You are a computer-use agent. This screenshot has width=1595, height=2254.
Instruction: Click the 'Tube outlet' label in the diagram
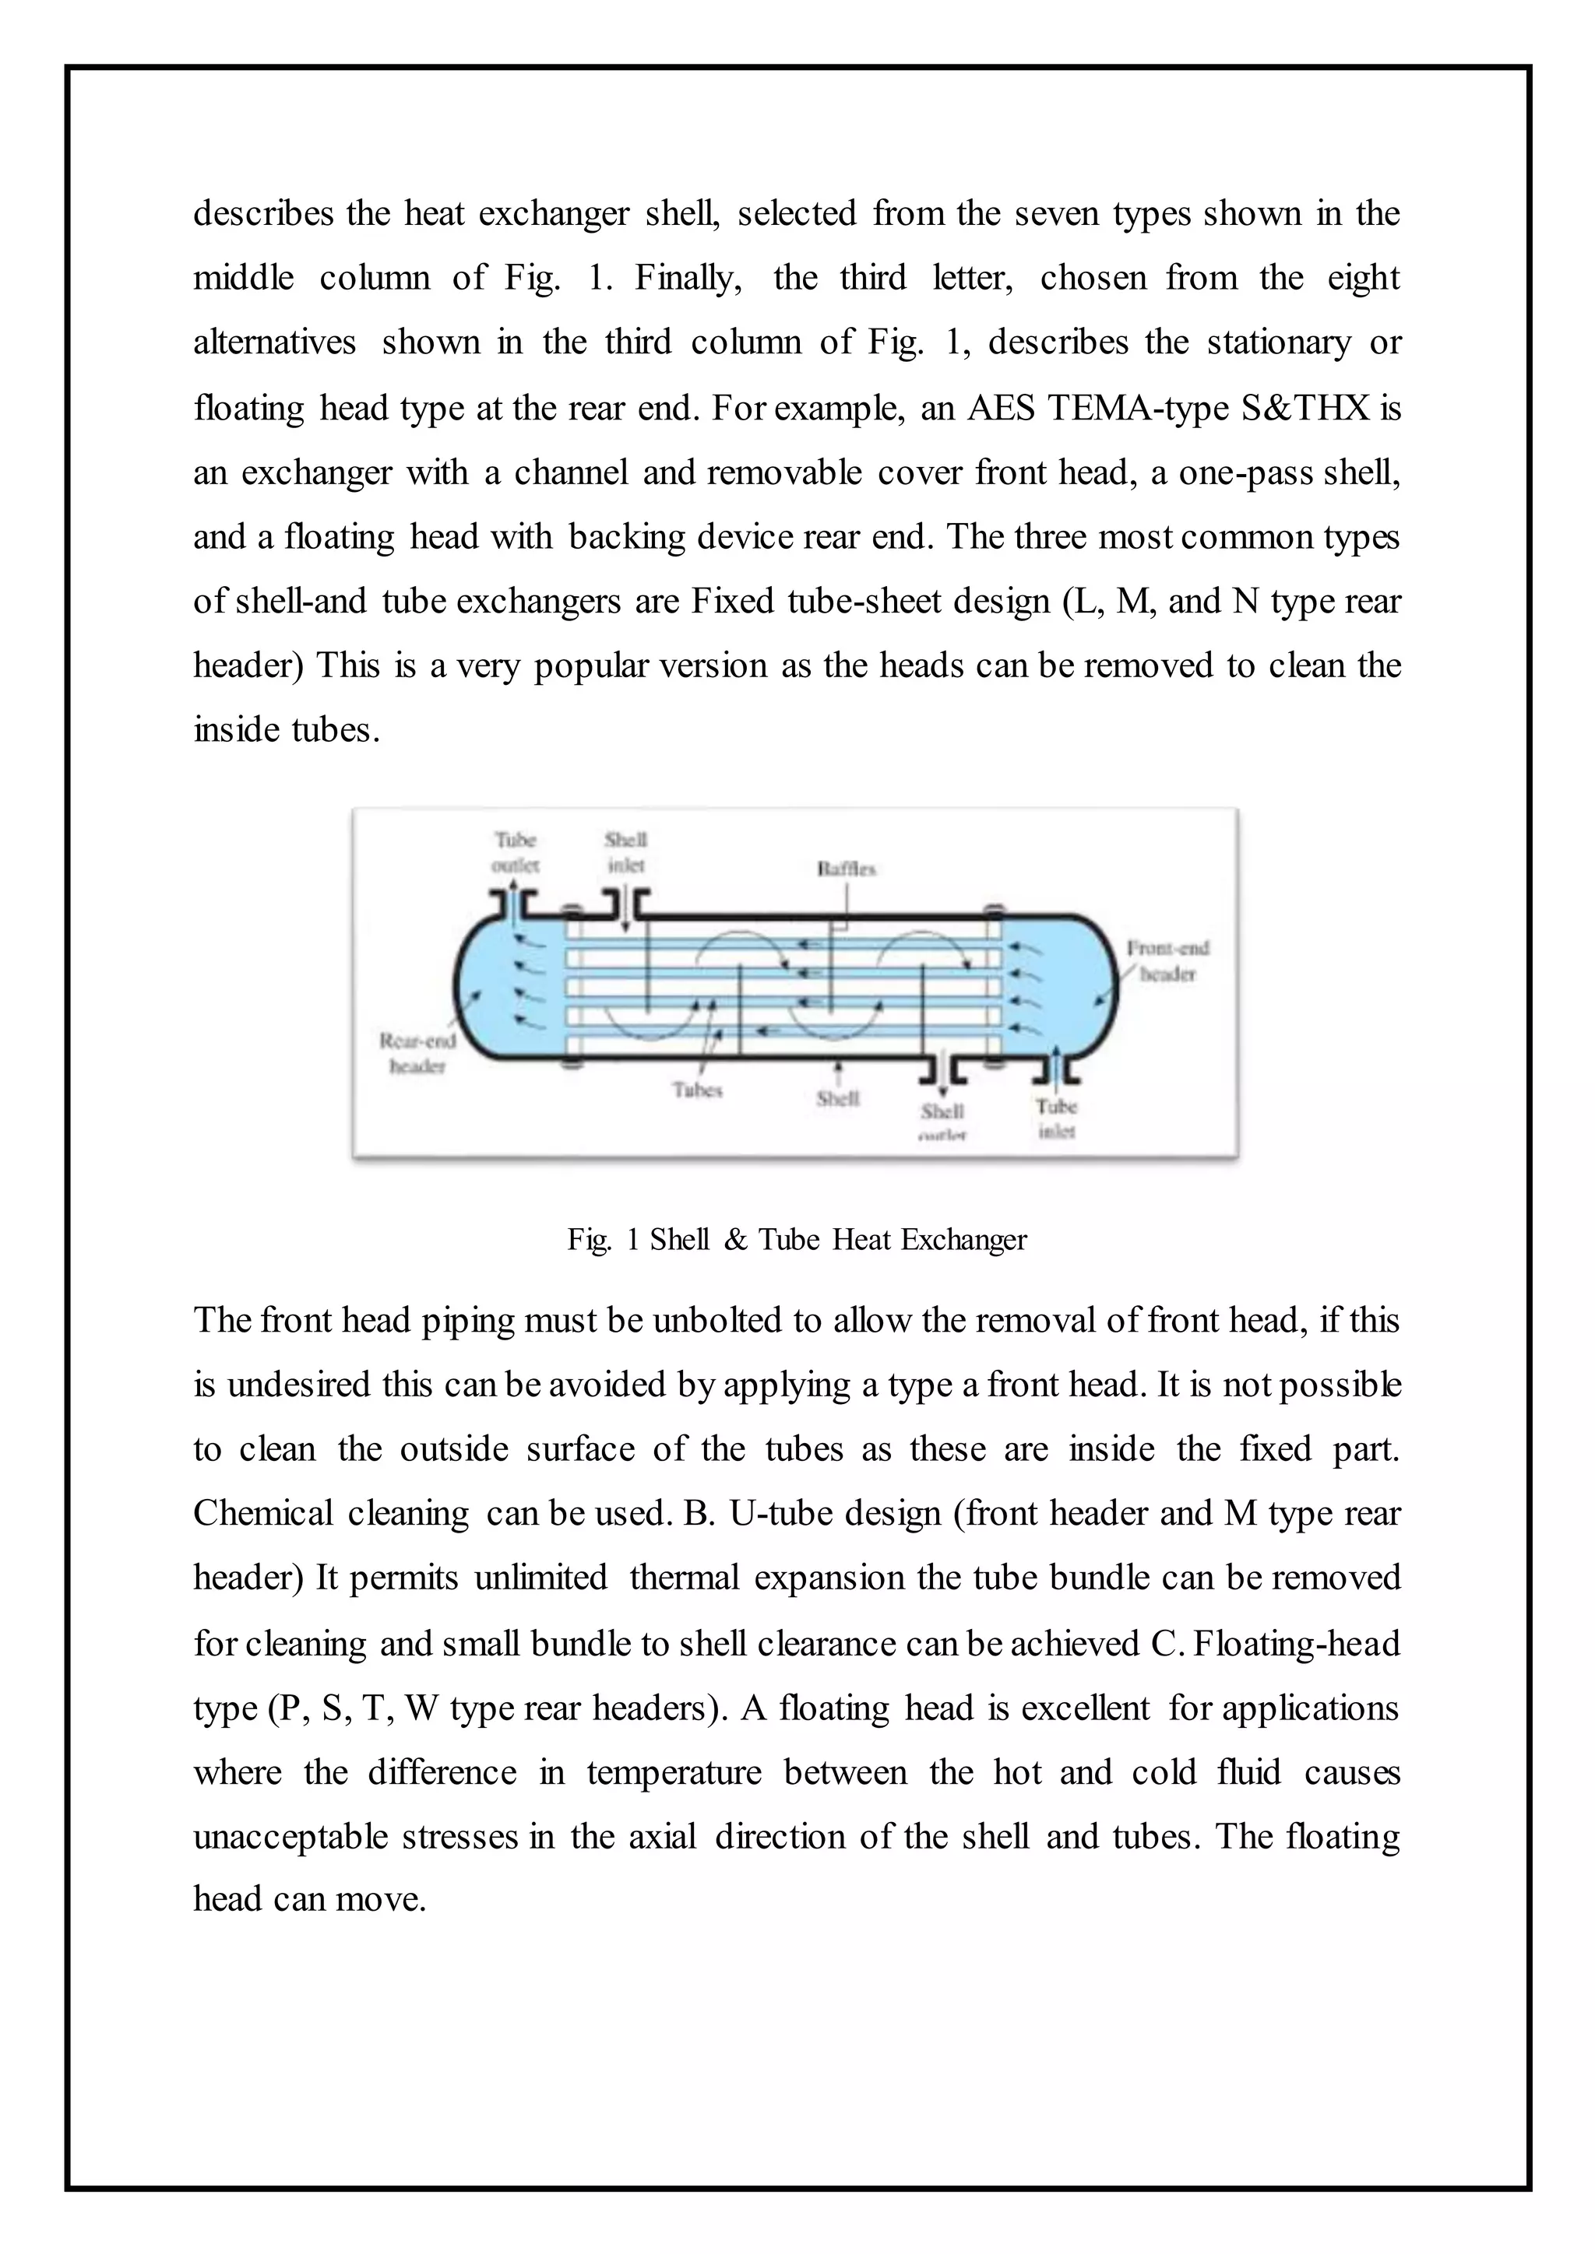tap(515, 852)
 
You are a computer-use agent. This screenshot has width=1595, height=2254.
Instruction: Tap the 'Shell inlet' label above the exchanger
tap(625, 852)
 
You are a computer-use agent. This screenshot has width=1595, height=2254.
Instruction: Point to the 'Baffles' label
tap(846, 869)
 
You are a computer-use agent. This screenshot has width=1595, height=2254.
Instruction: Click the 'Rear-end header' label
tap(417, 1052)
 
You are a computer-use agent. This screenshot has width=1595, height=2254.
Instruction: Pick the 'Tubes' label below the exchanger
tap(697, 1090)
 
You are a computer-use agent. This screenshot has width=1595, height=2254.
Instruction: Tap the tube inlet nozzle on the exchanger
tap(1057, 1066)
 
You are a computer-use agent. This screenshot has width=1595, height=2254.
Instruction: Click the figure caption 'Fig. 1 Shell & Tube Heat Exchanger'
tap(797, 1240)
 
